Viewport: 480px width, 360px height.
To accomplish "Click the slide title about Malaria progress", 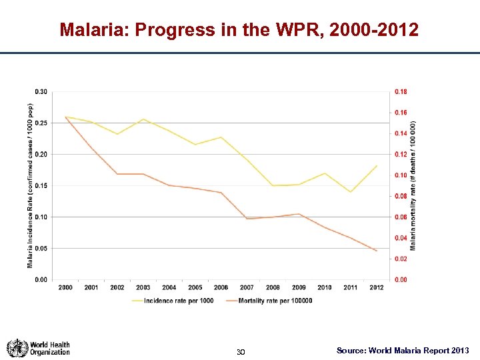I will click(239, 30).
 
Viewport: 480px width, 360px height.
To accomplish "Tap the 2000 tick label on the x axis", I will click(66, 287).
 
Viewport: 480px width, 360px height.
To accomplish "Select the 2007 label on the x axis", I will click(247, 287).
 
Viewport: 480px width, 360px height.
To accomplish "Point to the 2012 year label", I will click(376, 287).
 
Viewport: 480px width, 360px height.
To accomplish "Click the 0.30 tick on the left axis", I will click(41, 91).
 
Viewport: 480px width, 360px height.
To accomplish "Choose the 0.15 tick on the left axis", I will click(41, 185).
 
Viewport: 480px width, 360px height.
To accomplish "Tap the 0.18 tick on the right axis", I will click(400, 91).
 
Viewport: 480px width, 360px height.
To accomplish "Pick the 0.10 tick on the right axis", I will click(400, 175).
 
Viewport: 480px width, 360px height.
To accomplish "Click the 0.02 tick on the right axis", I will click(400, 259).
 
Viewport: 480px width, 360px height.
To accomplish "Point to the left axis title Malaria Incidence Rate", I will click(29, 185).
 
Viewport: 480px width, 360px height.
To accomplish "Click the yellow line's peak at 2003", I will click(143, 119).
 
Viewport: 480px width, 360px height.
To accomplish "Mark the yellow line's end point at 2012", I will click(377, 166).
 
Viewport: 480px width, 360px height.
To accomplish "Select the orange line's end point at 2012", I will click(377, 251).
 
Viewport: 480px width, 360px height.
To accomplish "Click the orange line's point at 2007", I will click(247, 219).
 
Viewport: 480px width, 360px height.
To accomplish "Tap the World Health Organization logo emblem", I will click(17, 348).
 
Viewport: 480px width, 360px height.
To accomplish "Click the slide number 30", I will click(241, 351).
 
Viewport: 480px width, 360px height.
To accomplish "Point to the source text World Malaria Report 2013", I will click(403, 350).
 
